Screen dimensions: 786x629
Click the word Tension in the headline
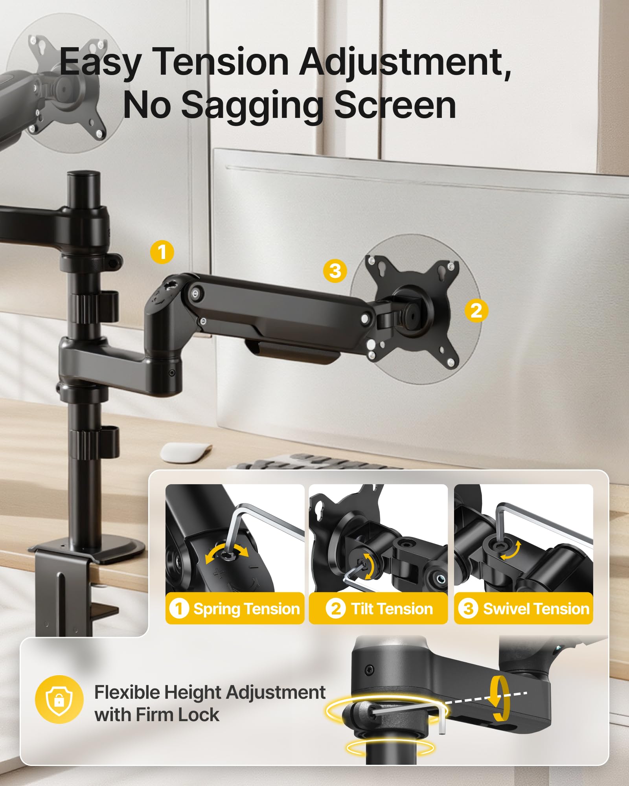221,62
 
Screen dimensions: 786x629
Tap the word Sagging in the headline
251,105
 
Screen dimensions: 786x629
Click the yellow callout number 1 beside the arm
162,252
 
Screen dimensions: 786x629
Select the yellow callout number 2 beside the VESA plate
476,311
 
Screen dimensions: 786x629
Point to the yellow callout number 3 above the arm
335,271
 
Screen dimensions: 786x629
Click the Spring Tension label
235,609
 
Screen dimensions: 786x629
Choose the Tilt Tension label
379,609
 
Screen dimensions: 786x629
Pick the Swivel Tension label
524,609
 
